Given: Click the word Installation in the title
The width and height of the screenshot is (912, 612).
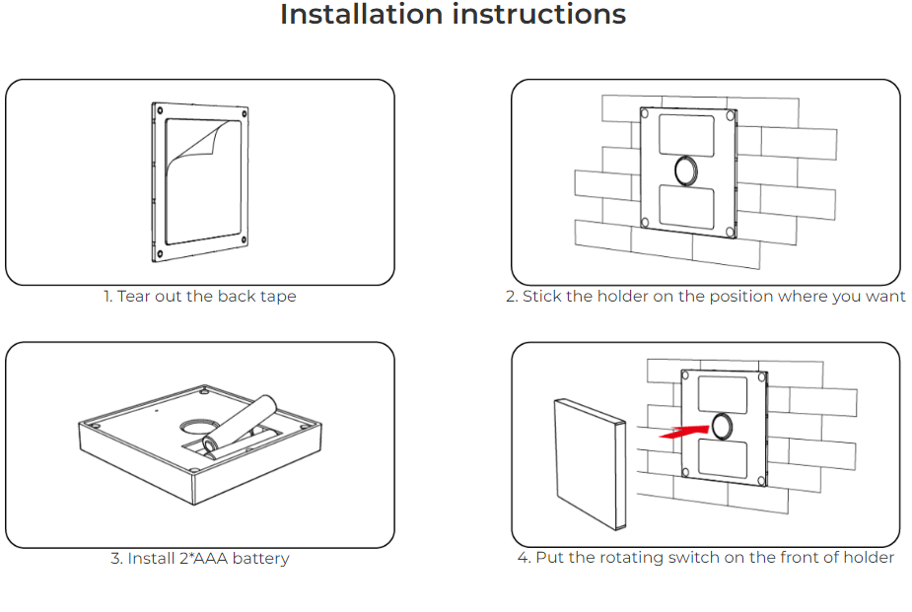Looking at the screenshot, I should (360, 15).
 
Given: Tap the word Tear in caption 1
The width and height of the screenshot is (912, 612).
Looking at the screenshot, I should (133, 296).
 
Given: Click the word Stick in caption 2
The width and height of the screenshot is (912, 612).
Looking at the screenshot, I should (543, 296).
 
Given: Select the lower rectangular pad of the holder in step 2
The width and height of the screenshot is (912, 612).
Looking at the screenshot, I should (685, 205).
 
